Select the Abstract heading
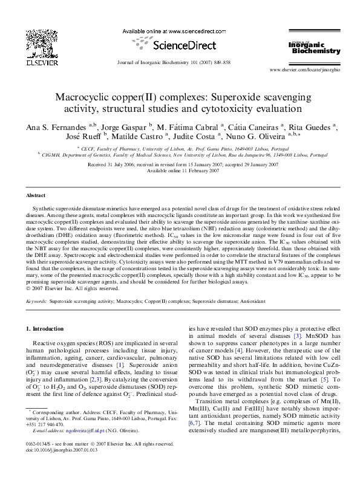tap(35, 196)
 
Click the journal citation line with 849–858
tap(180, 62)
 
